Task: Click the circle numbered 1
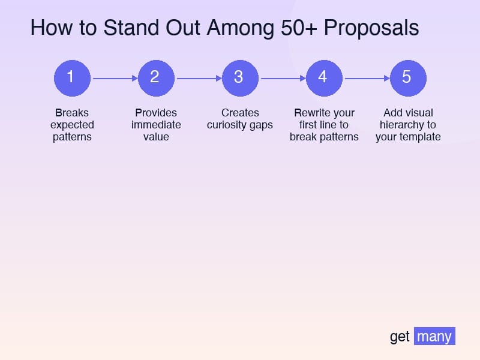click(72, 77)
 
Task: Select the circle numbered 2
click(156, 77)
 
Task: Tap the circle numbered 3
click(240, 77)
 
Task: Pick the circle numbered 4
click(324, 77)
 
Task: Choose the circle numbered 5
click(408, 77)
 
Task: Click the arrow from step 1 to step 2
click(114, 78)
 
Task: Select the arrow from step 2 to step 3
click(198, 78)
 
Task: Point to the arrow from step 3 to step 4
click(282, 78)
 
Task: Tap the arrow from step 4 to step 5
click(366, 78)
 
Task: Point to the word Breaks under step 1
click(72, 113)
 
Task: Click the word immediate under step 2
click(156, 125)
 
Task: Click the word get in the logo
click(400, 337)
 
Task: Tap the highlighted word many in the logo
click(434, 336)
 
